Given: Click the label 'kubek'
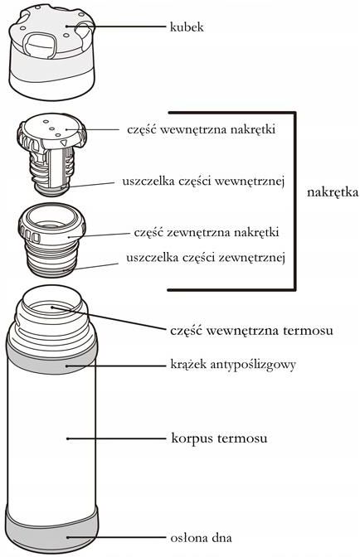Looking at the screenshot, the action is (187, 27).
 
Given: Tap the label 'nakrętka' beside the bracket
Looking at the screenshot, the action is (333, 192).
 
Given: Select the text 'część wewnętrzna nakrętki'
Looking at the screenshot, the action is (201, 129).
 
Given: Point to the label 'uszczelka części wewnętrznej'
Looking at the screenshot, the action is (203, 182).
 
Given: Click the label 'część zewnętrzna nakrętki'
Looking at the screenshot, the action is (206, 232).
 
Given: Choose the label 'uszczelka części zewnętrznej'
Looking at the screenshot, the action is (206, 258).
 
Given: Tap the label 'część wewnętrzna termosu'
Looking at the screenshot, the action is (251, 331).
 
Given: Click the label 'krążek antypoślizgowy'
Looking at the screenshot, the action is (233, 365).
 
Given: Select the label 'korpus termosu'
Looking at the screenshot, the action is (219, 438).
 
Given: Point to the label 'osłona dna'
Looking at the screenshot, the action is (201, 537).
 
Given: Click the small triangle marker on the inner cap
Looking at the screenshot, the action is (64, 143).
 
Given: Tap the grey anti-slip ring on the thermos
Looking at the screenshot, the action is (52, 359).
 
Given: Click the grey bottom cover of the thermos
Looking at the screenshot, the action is (52, 530).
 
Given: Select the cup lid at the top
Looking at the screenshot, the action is (52, 52).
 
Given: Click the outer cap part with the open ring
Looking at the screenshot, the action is (52, 240).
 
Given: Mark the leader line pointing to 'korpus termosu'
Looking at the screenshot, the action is (116, 438).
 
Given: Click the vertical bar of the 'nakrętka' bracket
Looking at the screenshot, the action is (294, 201).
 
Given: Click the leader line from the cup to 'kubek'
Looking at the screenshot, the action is (116, 26).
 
